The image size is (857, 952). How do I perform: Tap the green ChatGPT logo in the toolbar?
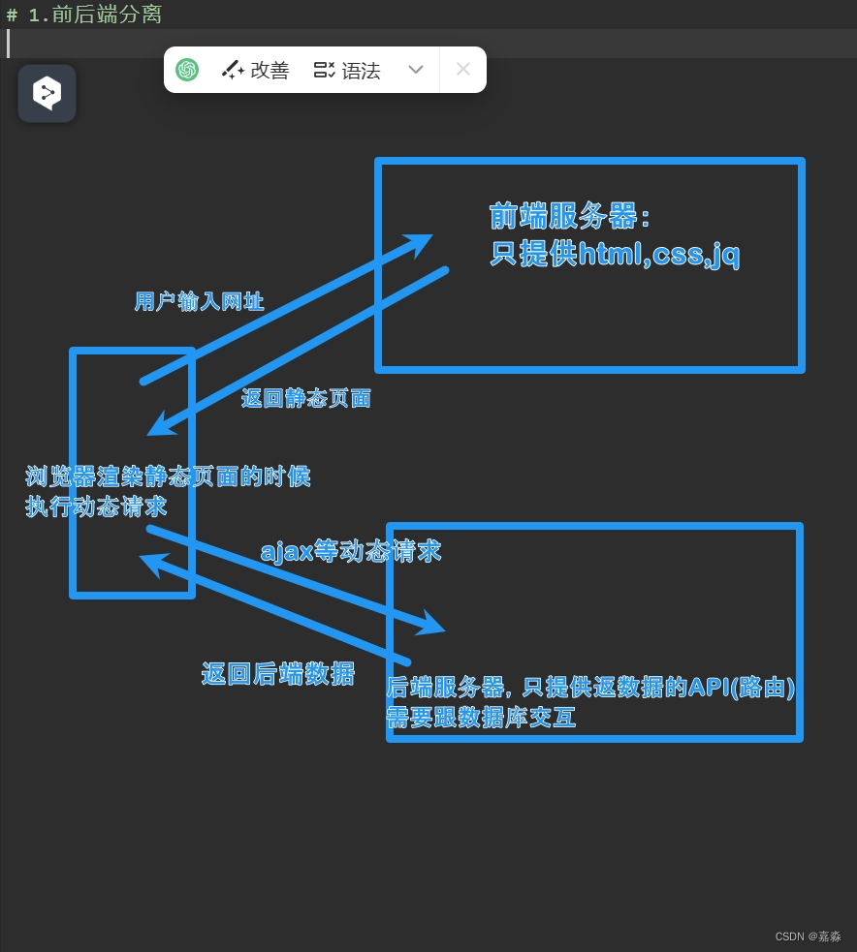coord(187,70)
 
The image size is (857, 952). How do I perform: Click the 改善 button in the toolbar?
coord(256,70)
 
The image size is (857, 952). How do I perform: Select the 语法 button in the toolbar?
coord(347,70)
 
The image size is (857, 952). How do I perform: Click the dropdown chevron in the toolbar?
coord(416,70)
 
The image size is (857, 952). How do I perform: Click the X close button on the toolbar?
coord(463,70)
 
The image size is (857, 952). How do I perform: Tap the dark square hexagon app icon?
coord(47,93)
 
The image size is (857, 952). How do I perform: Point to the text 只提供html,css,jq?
coord(615,254)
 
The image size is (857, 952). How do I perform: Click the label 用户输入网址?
coord(199,302)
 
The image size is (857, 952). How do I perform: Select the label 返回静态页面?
coord(306,398)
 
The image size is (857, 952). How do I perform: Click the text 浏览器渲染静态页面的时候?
coord(168,476)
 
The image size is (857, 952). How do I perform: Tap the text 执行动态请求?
coord(96,507)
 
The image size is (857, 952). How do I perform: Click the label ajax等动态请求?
coord(351,551)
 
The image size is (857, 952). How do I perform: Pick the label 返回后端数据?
coord(277,674)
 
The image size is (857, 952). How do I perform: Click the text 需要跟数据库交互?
coord(481,718)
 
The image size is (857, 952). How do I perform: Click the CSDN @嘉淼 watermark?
coord(808,937)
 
